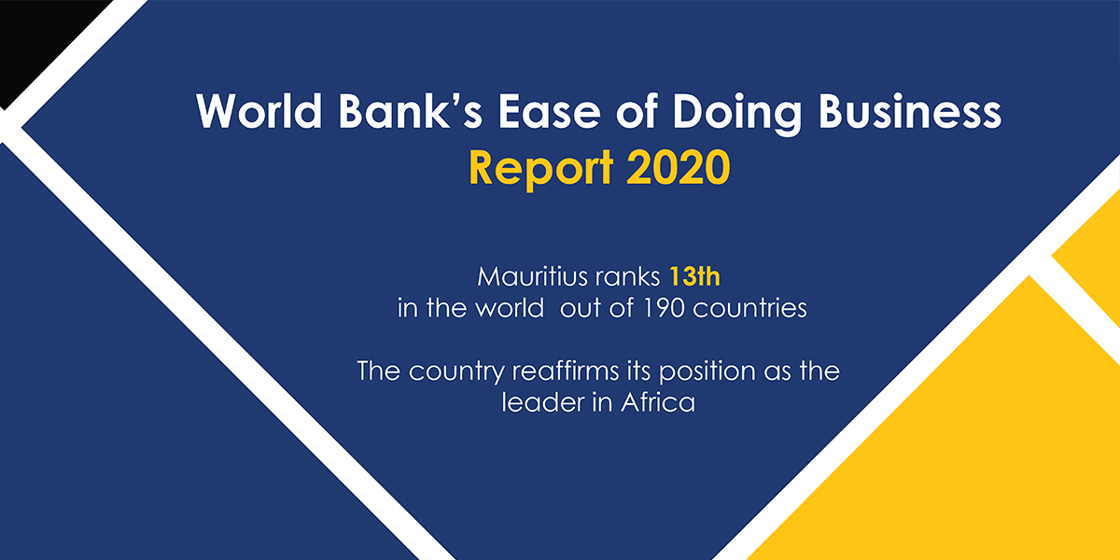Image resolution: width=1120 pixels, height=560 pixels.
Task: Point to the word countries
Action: coord(757,308)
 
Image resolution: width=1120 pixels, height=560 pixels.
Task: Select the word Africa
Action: coord(655,403)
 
